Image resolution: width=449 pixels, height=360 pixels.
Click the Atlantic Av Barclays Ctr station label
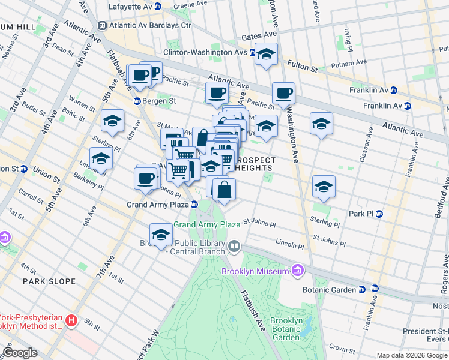(149, 25)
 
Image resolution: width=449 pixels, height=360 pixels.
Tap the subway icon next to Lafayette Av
(157, 7)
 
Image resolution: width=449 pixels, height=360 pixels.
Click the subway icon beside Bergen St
(137, 101)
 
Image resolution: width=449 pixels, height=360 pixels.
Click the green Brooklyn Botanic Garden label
(285, 329)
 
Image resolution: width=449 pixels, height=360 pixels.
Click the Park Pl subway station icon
(379, 214)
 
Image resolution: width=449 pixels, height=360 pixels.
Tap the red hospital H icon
(71, 321)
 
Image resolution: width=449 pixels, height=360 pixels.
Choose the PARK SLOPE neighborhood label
(49, 281)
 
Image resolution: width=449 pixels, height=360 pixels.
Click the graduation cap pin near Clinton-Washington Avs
(266, 55)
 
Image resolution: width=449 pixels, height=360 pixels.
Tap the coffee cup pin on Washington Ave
(283, 94)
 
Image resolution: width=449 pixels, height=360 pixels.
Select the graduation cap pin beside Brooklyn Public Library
(161, 235)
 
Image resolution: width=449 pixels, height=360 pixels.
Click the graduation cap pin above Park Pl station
(324, 186)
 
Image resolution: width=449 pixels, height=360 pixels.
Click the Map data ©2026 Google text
(412, 355)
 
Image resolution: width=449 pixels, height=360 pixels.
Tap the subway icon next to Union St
(25, 168)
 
